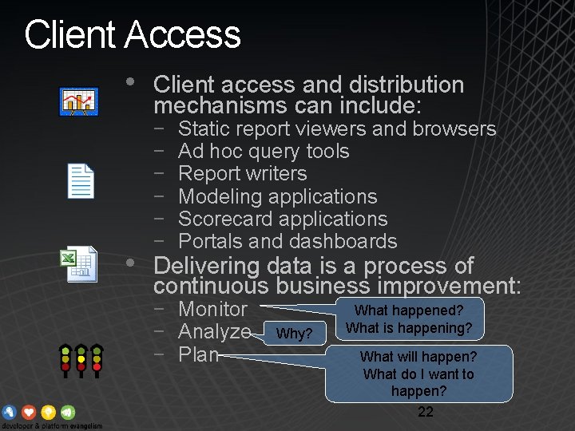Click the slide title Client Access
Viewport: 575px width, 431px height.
pos(133,35)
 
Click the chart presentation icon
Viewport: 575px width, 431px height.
pos(79,101)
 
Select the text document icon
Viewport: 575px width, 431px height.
pos(80,181)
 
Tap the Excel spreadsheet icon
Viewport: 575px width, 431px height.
pos(79,264)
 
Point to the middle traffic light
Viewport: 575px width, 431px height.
pos(80,360)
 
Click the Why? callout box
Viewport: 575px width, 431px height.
pos(295,333)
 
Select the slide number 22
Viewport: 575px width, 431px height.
pos(426,412)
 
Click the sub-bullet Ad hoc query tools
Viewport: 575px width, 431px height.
pos(264,151)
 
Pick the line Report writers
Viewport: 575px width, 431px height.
pos(242,173)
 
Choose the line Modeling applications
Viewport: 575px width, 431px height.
pos(277,196)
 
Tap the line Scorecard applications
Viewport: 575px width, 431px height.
pos(283,219)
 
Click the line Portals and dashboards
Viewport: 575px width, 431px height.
pos(287,241)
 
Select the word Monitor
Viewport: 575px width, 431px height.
pos(212,309)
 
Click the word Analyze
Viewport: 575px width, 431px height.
pos(214,331)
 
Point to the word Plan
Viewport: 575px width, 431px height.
pos(198,354)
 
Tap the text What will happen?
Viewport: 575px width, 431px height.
pos(418,356)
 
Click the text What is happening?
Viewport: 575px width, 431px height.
pos(409,328)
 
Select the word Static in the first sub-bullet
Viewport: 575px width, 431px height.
pos(203,129)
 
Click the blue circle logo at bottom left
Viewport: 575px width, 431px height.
pos(10,412)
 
